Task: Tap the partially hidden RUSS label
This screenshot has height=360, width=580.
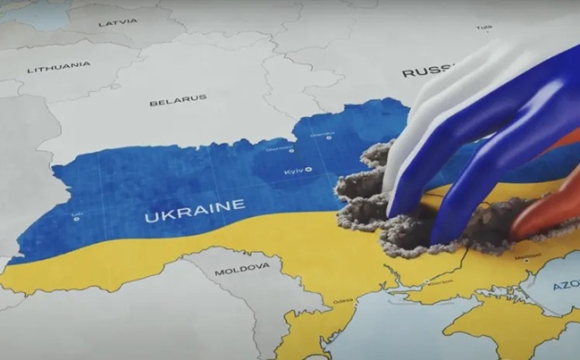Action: tap(424, 72)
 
